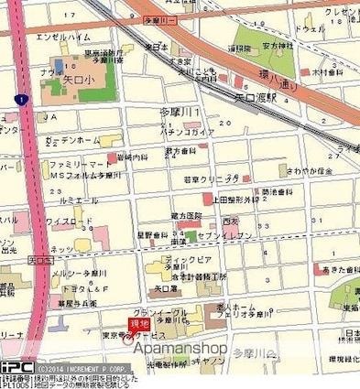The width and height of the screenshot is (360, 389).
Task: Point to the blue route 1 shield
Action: tap(18, 98)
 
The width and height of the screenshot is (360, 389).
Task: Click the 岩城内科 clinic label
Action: tap(134, 157)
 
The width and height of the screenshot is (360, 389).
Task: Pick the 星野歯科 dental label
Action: tap(152, 234)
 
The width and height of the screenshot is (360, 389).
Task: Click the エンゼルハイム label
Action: tap(59, 37)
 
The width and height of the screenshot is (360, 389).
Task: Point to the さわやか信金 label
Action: tap(308, 170)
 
